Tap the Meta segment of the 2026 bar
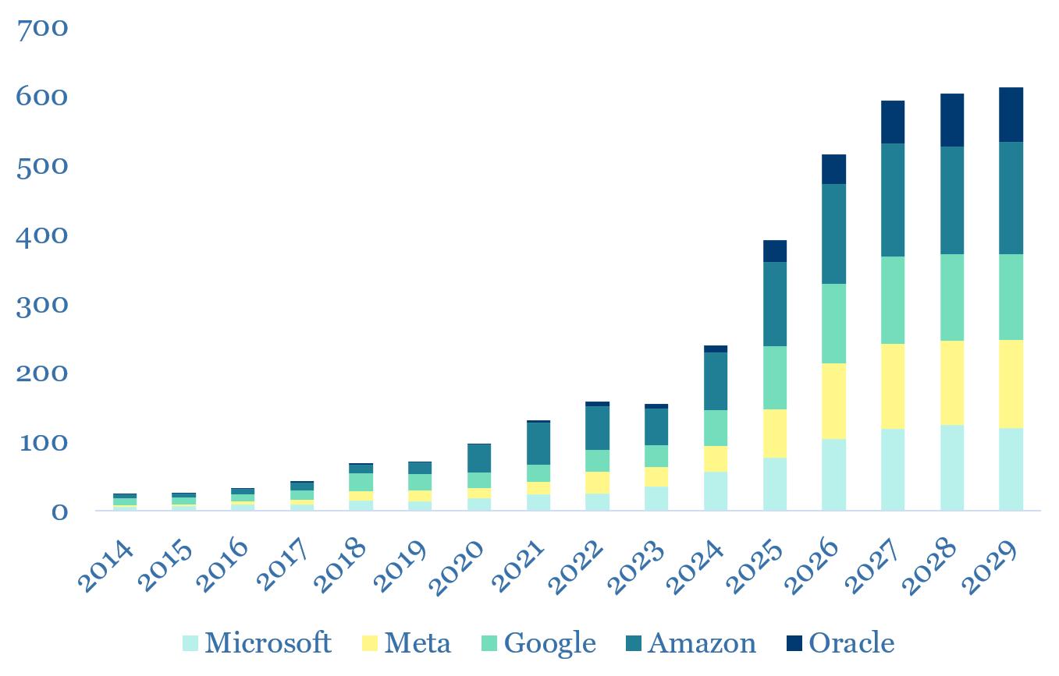833,401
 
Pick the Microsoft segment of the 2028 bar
951,467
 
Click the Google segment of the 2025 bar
775,377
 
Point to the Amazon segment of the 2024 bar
716,380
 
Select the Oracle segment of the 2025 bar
775,251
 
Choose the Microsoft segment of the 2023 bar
656,498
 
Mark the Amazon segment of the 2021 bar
538,443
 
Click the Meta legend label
418,643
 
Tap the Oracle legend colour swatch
794,644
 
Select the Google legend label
550,643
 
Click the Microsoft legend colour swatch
191,644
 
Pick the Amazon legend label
702,643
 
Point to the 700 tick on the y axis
43,29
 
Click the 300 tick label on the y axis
43,305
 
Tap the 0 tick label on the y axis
59,512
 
